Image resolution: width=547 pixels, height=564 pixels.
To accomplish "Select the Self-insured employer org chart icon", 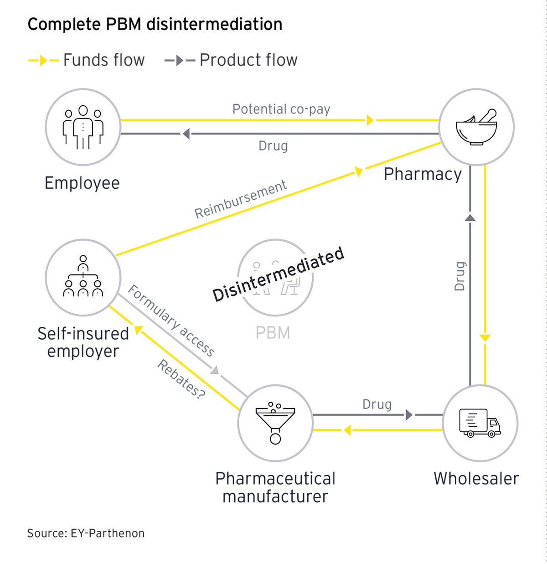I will click(83, 277).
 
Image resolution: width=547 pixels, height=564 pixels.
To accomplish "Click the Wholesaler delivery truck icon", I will click(480, 423).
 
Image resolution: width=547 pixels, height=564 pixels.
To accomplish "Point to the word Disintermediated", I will click(278, 274).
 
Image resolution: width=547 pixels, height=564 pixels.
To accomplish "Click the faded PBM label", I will click(273, 333).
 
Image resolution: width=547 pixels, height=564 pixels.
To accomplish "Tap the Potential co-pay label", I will click(281, 109).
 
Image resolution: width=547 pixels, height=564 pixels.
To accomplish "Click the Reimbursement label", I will click(241, 199).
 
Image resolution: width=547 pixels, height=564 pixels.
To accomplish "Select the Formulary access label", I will click(171, 321).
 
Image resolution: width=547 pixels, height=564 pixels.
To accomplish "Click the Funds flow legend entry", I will click(87, 60).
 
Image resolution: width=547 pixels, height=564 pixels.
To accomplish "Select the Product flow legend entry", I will click(231, 60).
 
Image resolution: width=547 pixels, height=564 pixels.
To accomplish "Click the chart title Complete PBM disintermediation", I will click(155, 24).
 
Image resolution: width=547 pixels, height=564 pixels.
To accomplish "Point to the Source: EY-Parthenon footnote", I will click(86, 533).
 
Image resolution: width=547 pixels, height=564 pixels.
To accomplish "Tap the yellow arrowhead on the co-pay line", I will click(370, 120).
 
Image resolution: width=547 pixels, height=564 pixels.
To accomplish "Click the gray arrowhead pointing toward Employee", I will click(186, 134).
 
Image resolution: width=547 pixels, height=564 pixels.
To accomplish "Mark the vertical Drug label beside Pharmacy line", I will click(459, 276).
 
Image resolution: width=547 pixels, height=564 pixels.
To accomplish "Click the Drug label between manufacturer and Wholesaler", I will click(377, 404).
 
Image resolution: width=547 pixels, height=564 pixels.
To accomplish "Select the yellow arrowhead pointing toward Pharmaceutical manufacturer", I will click(347, 430).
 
